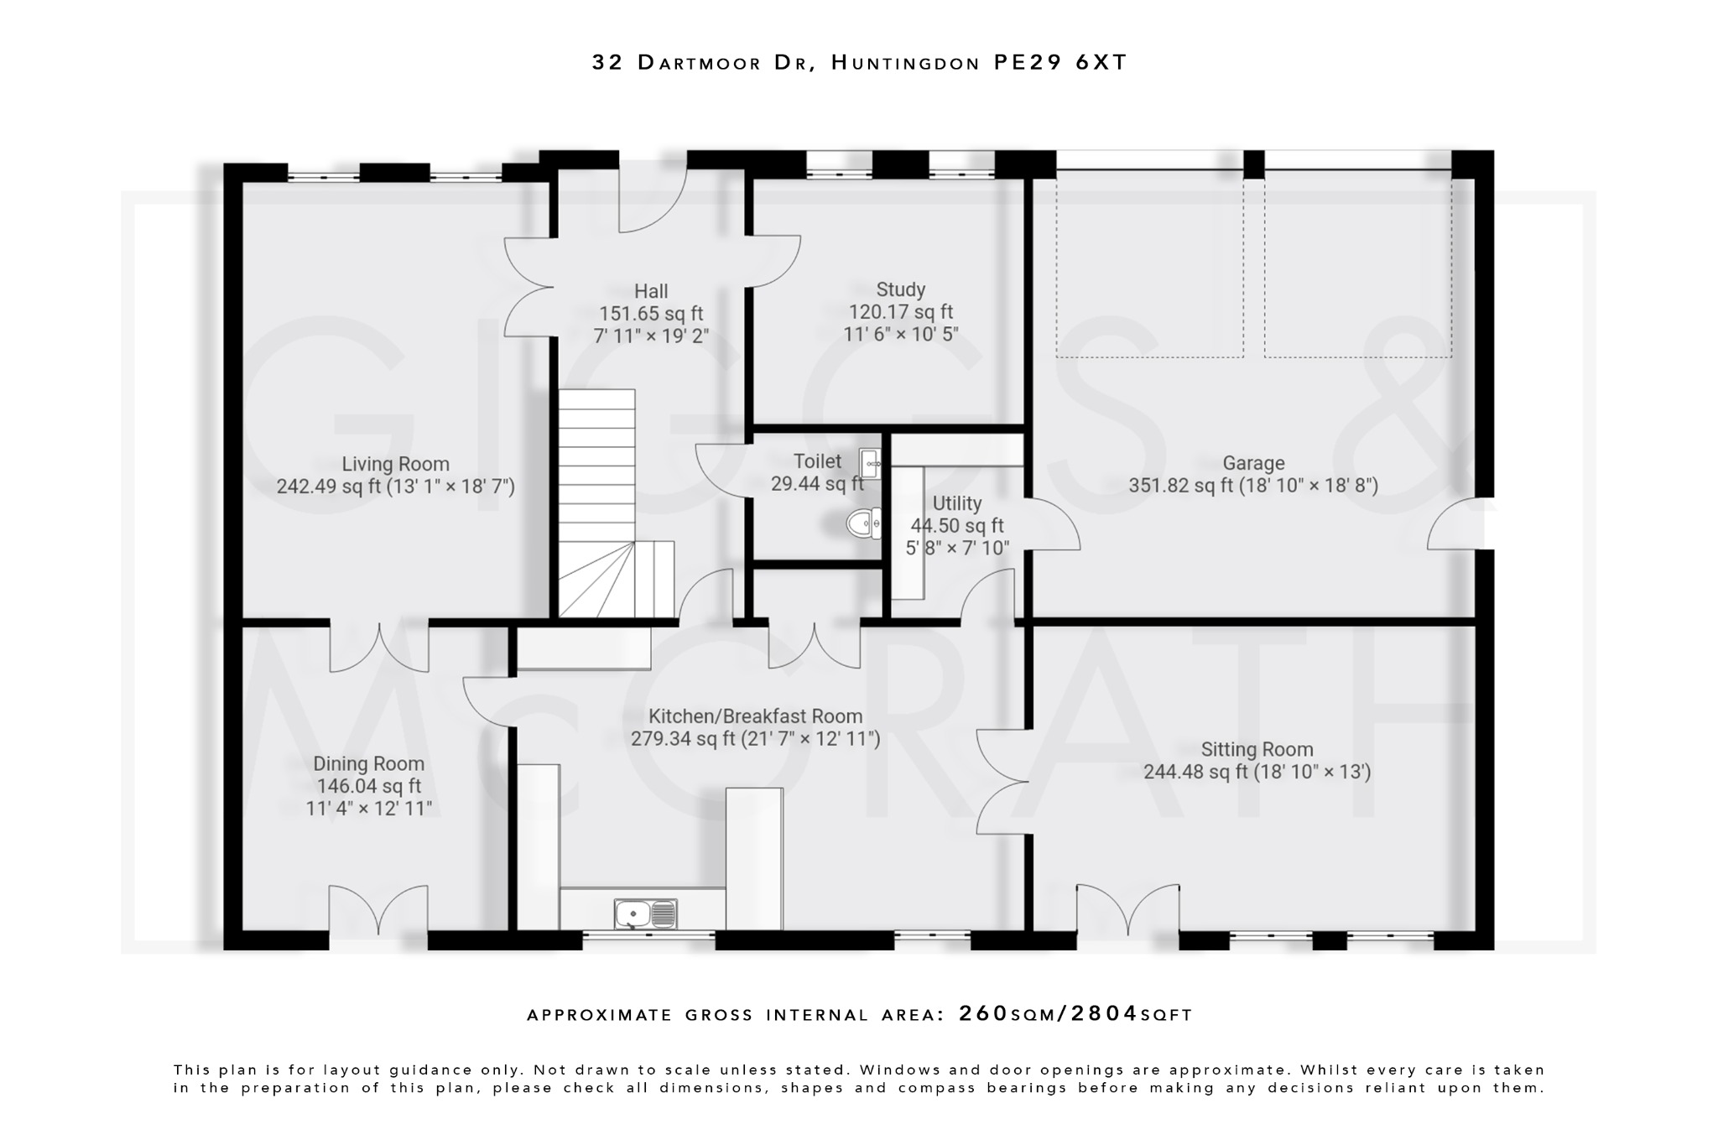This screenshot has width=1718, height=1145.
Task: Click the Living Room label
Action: pos(395,464)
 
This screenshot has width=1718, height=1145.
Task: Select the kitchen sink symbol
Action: pos(645,913)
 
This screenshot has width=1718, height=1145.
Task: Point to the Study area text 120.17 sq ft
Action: pos(900,312)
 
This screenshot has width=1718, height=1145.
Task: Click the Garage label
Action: pos(1253,463)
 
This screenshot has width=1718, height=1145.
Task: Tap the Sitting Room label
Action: pos(1257,749)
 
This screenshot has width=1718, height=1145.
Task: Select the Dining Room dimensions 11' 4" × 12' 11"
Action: pos(369,809)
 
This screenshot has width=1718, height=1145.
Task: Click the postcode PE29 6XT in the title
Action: pos(1060,62)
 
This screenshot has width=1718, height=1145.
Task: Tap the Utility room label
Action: pos(956,503)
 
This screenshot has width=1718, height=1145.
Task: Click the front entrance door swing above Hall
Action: pos(652,201)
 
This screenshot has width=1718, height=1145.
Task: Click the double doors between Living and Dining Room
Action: pos(379,647)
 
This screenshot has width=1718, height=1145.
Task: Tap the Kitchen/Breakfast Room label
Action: pos(755,716)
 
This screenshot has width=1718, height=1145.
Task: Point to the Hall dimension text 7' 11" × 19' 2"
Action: pos(651,336)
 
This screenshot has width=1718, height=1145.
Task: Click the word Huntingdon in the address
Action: pos(905,62)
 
